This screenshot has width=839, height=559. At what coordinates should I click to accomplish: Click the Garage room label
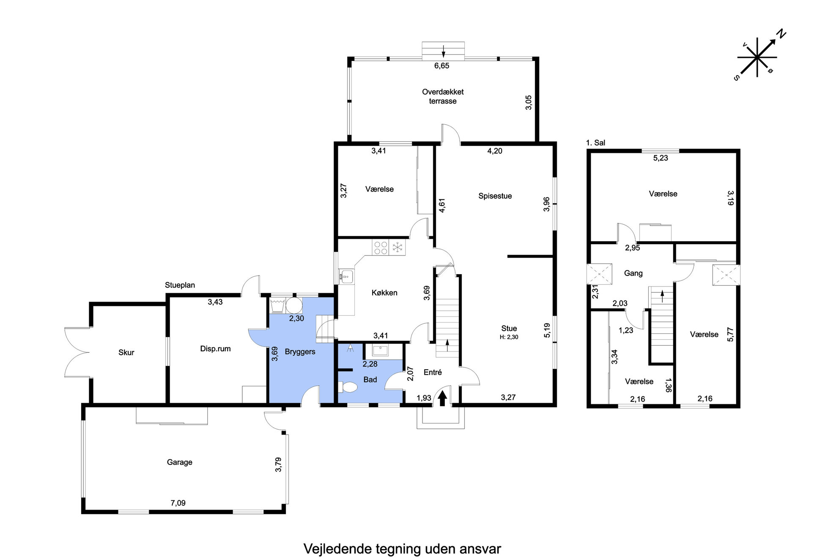[179, 462]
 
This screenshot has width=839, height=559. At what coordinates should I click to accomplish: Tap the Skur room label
[126, 352]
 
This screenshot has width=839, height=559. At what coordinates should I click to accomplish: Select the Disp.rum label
[215, 349]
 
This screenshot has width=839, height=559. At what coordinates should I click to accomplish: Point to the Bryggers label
[300, 352]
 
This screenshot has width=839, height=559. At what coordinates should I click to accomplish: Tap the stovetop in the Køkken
[381, 247]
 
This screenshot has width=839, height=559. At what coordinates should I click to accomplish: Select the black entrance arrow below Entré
[442, 398]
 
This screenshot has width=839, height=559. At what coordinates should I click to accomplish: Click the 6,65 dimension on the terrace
[441, 66]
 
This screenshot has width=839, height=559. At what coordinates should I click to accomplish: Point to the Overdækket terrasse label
[443, 96]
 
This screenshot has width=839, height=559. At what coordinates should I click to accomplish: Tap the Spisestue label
[495, 196]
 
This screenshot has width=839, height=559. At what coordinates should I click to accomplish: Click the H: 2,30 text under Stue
[509, 337]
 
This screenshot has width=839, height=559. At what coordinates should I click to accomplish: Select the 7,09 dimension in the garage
[178, 503]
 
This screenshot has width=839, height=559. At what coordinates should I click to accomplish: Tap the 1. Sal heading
[595, 143]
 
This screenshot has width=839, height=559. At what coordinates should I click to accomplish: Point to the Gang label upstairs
[633, 273]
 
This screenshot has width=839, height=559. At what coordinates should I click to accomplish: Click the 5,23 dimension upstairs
[661, 158]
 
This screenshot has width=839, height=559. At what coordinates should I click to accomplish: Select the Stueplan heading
[180, 285]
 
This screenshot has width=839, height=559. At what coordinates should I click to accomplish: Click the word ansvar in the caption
[479, 549]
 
